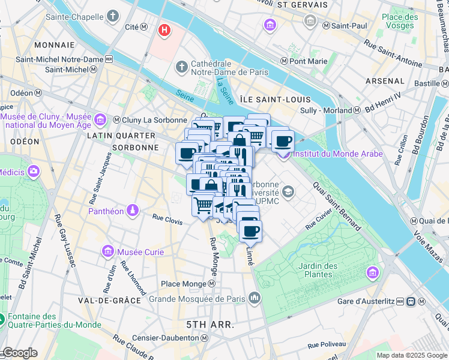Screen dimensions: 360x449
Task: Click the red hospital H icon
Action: point(163,29)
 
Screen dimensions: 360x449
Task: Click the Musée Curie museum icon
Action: point(109,251)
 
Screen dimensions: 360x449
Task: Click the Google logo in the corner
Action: point(20,353)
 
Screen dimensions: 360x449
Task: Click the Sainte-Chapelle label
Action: point(59,17)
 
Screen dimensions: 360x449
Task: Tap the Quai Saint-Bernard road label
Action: point(337,206)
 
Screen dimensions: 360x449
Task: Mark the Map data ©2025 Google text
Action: point(412,355)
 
